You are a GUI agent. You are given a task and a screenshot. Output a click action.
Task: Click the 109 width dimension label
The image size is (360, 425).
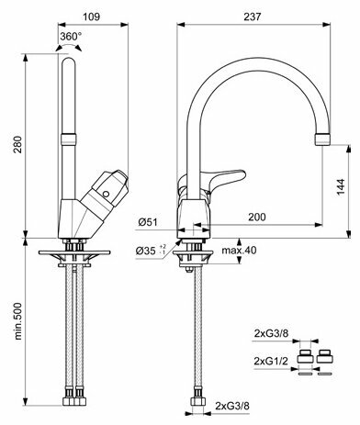(91, 17)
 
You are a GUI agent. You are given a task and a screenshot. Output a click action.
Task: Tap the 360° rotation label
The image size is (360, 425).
(71, 37)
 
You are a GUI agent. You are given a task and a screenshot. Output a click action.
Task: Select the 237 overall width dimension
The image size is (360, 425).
(253, 17)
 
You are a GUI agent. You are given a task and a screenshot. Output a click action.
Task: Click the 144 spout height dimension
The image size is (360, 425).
(341, 187)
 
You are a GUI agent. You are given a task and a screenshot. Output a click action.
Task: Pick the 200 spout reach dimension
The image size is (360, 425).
(257, 217)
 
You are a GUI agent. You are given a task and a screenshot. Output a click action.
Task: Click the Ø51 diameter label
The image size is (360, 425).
(148, 222)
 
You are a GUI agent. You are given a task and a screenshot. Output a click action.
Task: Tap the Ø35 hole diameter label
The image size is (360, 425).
(151, 251)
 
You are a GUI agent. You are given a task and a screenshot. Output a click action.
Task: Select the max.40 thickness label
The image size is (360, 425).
(239, 251)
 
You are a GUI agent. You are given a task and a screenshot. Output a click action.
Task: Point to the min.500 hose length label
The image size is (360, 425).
(18, 321)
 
